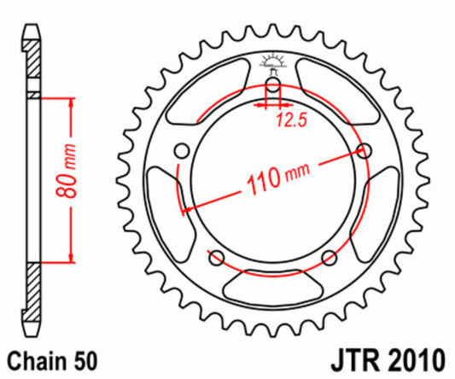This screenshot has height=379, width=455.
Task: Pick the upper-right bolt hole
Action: pos(367,151)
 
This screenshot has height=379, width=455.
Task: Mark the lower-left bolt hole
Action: pos(215,259)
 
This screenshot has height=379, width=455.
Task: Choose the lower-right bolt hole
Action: pos(331,259)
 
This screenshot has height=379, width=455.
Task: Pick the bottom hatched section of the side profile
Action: pos(32,294)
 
